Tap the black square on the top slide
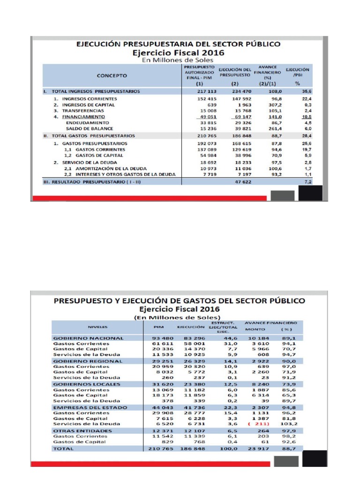[x=310, y=193]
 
